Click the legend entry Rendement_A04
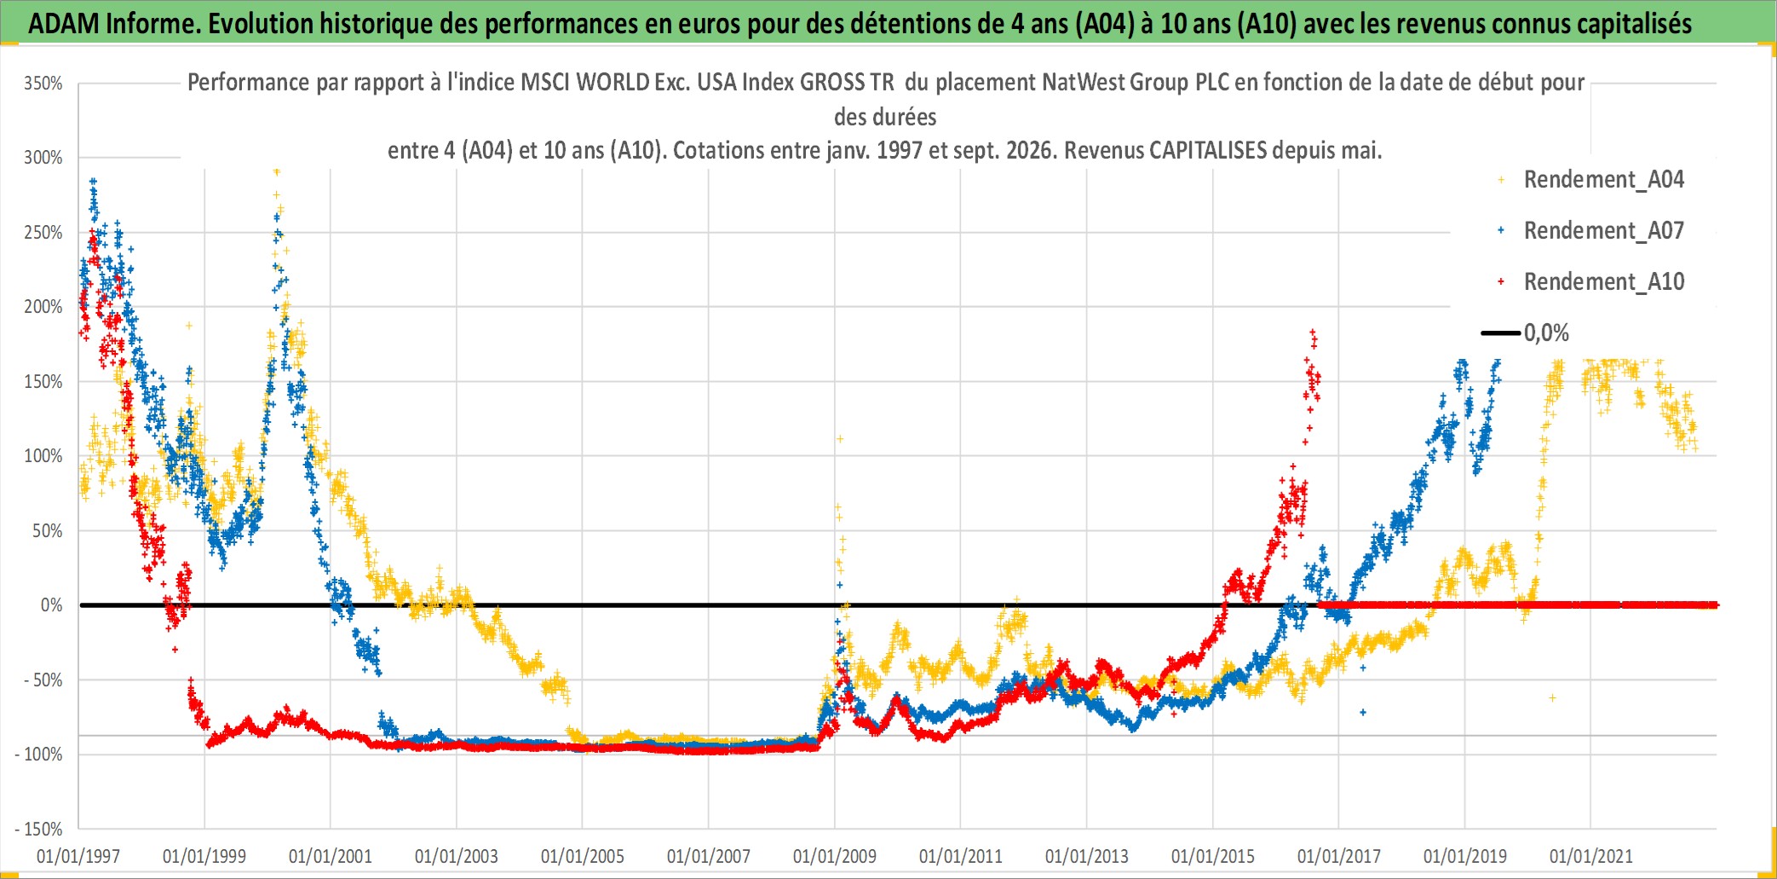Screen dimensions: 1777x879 1603,180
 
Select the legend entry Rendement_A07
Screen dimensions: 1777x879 1603,231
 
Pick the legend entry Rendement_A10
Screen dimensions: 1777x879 1603,282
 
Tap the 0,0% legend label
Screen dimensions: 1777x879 1546,333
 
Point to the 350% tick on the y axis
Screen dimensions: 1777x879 43,84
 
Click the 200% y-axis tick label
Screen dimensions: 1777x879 43,307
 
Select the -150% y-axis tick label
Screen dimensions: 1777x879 39,829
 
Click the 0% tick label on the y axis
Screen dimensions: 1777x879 52,605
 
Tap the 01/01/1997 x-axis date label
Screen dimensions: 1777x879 78,856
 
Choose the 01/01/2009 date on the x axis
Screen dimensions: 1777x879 835,856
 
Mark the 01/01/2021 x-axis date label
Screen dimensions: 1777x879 1591,856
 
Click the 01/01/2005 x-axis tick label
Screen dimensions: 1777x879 583,856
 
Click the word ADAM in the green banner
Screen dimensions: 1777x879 65,24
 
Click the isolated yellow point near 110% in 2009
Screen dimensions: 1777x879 840,439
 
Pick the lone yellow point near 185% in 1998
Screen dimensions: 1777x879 189,326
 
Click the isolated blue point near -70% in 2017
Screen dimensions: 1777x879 1363,712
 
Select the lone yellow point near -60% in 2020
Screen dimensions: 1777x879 1552,698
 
